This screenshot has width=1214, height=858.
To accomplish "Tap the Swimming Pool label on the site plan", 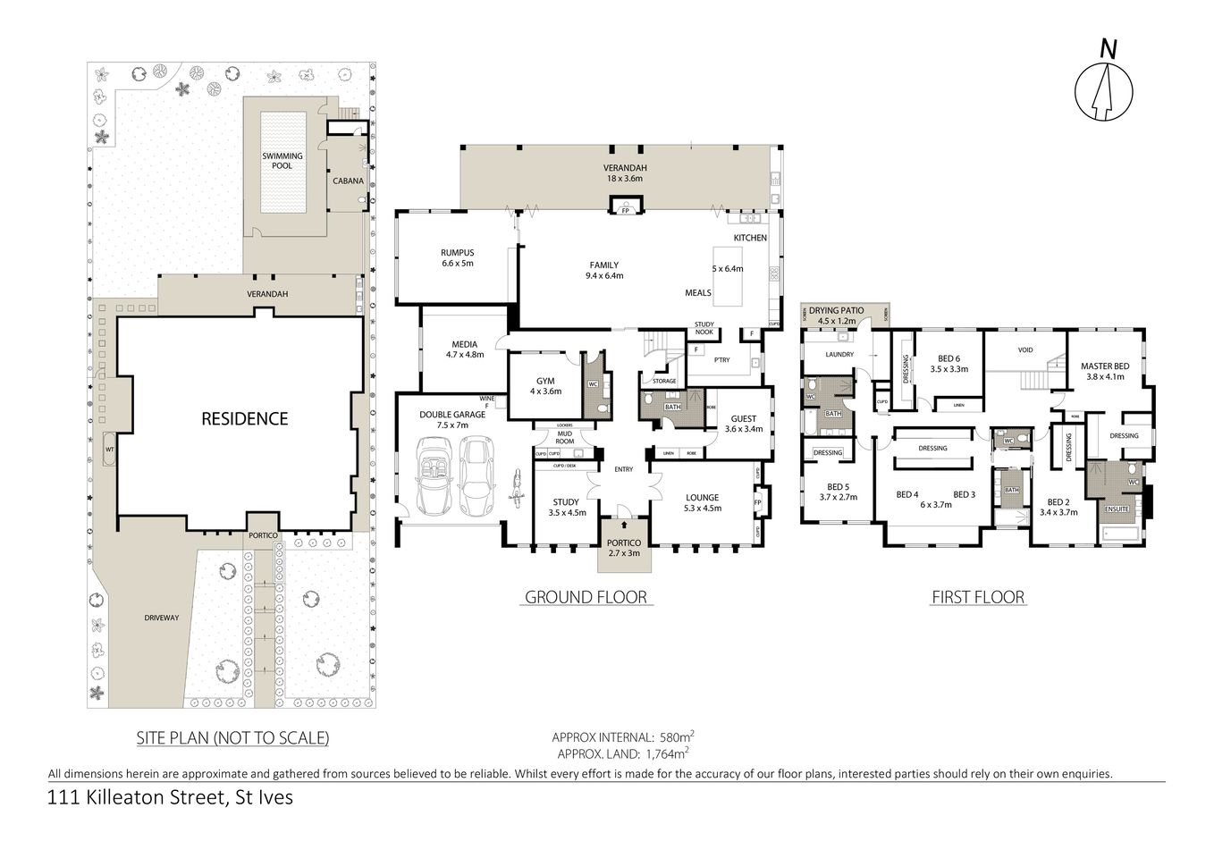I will (282, 161).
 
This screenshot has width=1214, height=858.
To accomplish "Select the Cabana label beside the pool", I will (348, 181).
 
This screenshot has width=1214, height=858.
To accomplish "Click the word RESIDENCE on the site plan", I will (244, 418).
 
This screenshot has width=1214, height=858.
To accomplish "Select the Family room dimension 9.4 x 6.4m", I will (604, 276).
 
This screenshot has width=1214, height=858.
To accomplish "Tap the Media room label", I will (464, 344).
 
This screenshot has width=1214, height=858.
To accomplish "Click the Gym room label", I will (545, 381).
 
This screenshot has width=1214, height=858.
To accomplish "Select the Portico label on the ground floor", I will (623, 543).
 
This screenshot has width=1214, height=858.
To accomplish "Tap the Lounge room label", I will (702, 498).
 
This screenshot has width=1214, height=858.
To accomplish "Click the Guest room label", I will (743, 418).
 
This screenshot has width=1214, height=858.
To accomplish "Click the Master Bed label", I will (1104, 366).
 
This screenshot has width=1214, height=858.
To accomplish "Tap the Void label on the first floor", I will (1025, 349).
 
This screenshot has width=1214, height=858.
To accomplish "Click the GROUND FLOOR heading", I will (586, 597).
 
